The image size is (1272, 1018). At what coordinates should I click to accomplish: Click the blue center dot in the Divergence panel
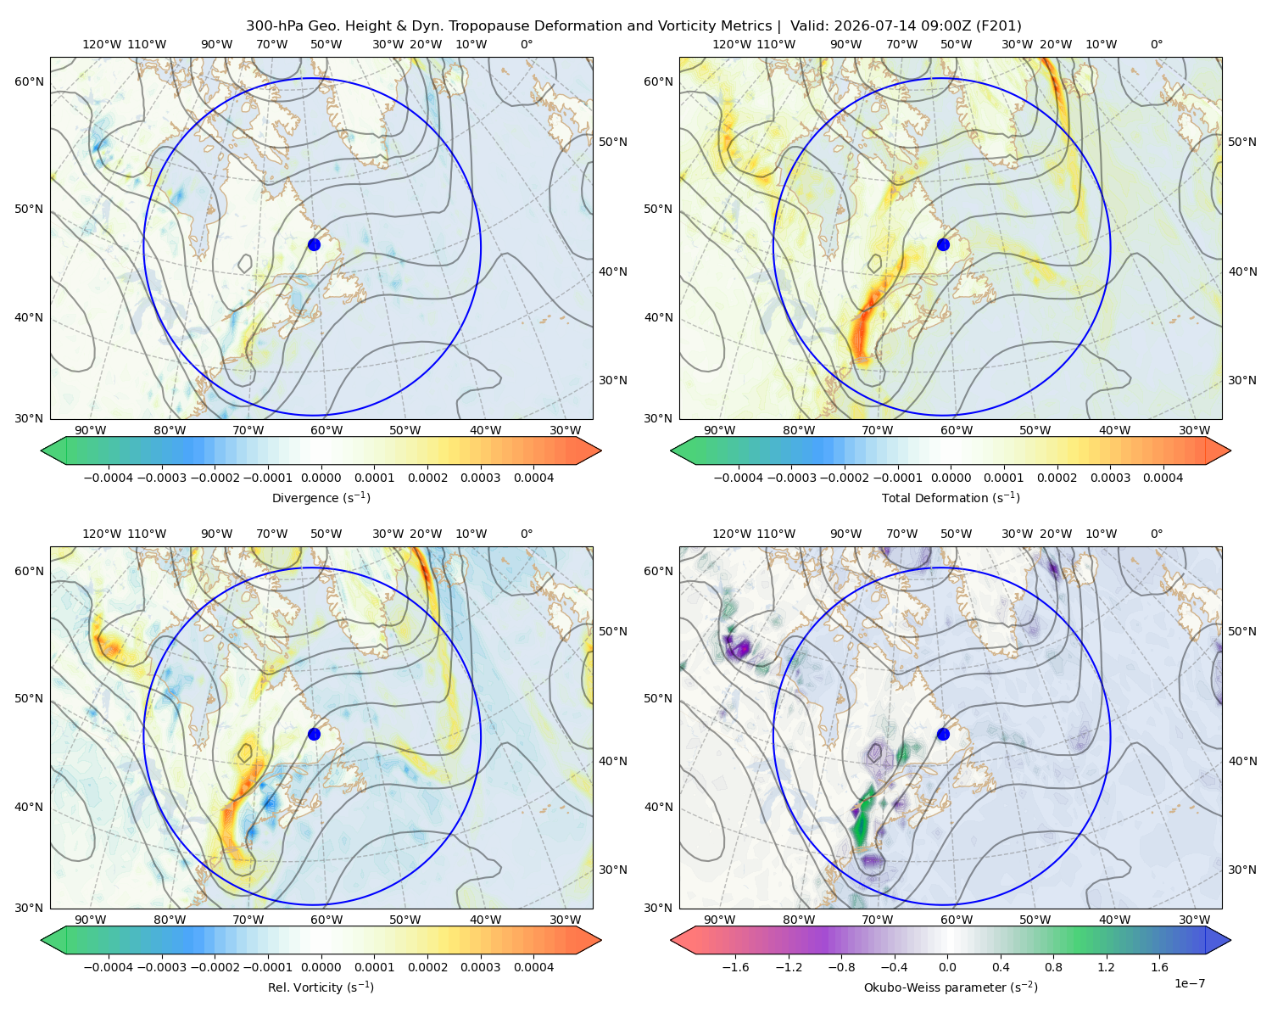(x=314, y=245)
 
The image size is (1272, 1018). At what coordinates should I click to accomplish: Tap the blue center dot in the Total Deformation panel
(x=943, y=245)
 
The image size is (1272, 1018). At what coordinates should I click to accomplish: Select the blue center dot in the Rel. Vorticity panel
(x=314, y=734)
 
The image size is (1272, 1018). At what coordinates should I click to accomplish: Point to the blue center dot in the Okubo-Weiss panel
(x=943, y=734)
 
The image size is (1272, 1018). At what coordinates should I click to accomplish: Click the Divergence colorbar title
(x=321, y=498)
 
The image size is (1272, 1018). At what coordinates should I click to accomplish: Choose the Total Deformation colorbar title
(x=951, y=498)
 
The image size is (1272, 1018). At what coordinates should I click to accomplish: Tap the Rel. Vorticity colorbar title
(x=321, y=987)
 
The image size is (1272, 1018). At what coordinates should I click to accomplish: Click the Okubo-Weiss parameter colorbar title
(x=951, y=987)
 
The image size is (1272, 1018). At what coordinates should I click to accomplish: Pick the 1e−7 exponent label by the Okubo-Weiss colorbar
(x=1189, y=983)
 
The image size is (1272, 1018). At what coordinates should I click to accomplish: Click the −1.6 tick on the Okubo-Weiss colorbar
(x=735, y=967)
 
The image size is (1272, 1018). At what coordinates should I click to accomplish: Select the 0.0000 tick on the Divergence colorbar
(x=321, y=478)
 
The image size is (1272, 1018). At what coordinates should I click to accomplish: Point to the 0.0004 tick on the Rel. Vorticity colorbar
(x=533, y=967)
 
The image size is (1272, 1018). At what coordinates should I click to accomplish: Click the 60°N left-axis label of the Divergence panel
(x=29, y=81)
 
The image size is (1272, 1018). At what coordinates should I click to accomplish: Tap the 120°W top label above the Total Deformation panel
(x=732, y=44)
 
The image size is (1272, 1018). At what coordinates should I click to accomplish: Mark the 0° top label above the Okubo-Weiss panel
(x=1157, y=534)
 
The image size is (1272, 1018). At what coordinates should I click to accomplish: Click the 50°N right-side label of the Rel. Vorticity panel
(x=613, y=631)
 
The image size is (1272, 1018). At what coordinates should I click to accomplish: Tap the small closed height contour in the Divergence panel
(x=245, y=264)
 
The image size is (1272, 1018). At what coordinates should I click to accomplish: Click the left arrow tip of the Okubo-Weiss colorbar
(x=671, y=940)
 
